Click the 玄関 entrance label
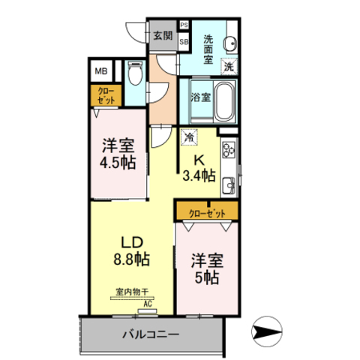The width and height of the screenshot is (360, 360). pyautogui.click(x=163, y=34)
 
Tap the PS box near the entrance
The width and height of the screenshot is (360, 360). pyautogui.click(x=184, y=25)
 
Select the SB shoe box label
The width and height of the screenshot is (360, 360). pyautogui.click(x=184, y=42)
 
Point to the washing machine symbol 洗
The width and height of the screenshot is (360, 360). pyautogui.click(x=229, y=67)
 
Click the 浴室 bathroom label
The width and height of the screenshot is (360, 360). pyautogui.click(x=199, y=97)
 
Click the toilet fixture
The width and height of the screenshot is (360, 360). pyautogui.click(x=135, y=73)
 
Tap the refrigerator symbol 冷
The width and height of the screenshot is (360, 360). pyautogui.click(x=189, y=138)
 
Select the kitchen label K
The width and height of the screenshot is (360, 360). pyautogui.click(x=199, y=160)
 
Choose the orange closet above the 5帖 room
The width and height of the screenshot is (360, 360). pyautogui.click(x=207, y=212)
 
